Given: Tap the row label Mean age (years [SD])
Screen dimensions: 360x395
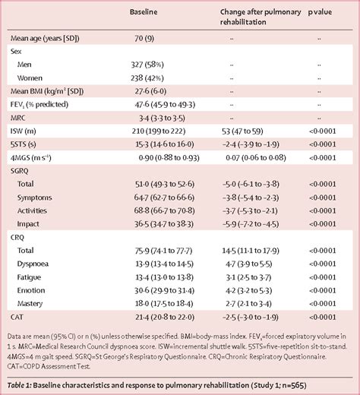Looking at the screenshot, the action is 44,37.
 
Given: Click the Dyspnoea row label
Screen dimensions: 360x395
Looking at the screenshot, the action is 36,264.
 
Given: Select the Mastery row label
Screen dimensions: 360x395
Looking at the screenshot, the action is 33,303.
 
